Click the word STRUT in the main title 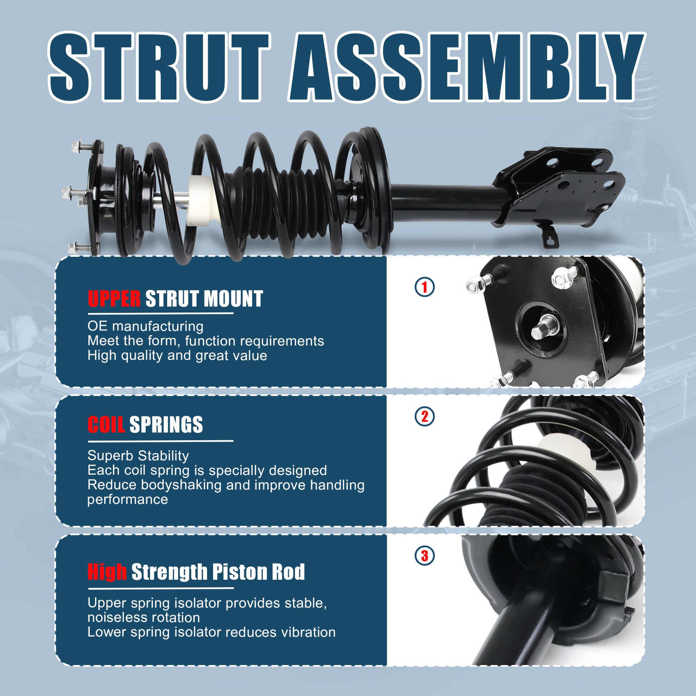coord(159,67)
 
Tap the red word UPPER coord(114,299)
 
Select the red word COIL coord(106,425)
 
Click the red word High coord(107,572)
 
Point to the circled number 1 coord(425,287)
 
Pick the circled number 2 coord(425,416)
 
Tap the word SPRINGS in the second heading coord(166,425)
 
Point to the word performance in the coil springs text coord(128,499)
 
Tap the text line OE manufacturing coord(146,327)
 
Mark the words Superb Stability coord(138,456)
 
